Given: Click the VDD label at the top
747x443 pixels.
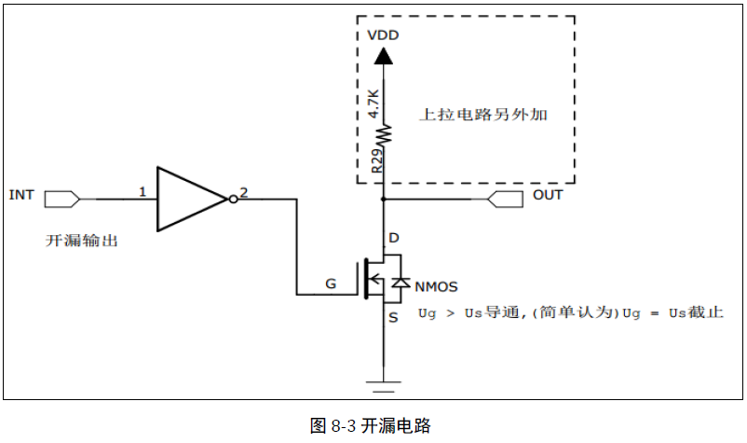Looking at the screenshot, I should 384,35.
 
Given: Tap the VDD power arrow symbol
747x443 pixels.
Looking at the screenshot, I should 383,55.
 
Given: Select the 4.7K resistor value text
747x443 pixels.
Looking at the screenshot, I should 373,103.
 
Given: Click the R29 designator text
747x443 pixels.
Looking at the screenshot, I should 373,160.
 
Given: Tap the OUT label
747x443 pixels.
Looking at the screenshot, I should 548,195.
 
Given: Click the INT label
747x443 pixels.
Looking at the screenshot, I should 21,195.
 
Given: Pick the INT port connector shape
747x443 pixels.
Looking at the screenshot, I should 62,199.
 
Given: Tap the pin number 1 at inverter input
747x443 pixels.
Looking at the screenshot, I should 143,192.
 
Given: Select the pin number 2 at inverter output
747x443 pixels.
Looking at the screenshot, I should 244,192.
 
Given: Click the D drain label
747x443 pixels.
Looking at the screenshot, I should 393,239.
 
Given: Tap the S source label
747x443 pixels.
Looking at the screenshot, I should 393,318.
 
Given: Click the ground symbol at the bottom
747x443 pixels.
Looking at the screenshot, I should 383,381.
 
